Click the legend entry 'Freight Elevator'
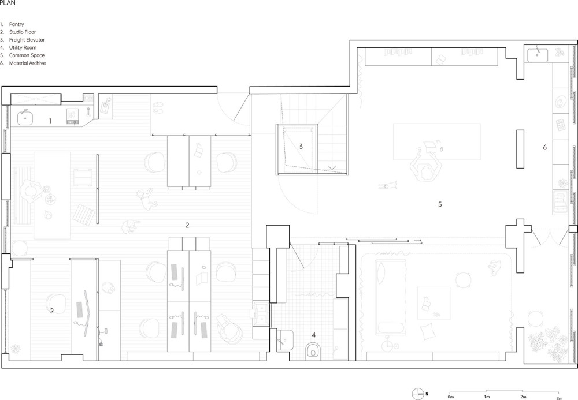point(27,40)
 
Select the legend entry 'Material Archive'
point(27,63)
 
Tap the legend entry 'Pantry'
point(17,24)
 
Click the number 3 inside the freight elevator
point(301,147)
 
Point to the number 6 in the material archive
point(545,148)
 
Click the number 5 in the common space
point(440,204)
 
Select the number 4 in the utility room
point(314,335)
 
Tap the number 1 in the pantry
point(50,121)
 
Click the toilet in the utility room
point(313,350)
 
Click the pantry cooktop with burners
point(72,116)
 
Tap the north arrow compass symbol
point(418,394)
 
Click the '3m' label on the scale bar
point(559,398)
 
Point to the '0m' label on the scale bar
point(450,397)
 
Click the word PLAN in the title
point(8,3)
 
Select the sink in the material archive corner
point(537,55)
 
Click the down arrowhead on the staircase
point(332,167)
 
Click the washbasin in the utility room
point(285,339)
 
